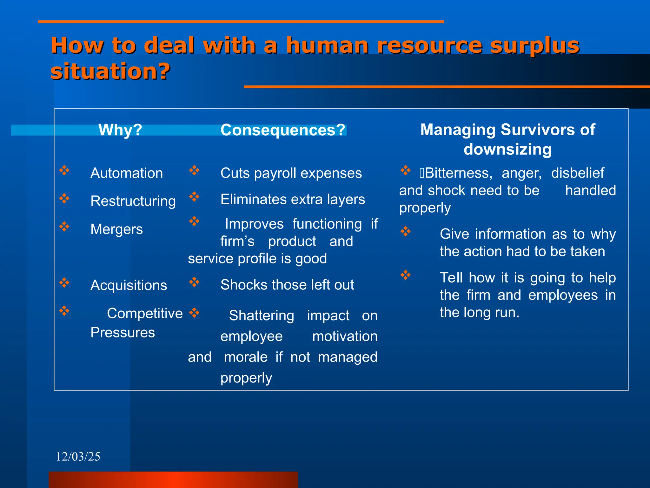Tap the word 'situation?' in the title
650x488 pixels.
point(110,71)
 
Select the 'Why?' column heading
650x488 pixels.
point(120,130)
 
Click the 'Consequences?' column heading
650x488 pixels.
point(283,130)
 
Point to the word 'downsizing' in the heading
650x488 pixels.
point(507,149)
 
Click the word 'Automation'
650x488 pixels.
point(126,173)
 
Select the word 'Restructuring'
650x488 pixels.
point(133,201)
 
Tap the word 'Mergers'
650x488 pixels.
point(116,229)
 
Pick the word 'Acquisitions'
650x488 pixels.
point(129,285)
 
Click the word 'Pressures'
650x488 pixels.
point(123,333)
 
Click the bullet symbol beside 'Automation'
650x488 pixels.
point(64,170)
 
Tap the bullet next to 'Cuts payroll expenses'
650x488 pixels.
point(194,170)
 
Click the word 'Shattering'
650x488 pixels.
point(262,315)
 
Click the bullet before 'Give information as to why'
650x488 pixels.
point(406,231)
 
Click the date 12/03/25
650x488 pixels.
point(78,457)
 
